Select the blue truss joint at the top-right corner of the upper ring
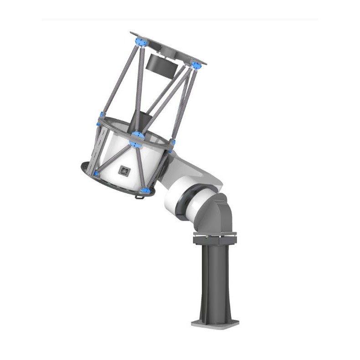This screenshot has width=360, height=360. click(x=196, y=65)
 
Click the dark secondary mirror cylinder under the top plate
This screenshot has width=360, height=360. click(x=160, y=64)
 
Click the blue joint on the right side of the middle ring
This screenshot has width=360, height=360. click(x=172, y=143)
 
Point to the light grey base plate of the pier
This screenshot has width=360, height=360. click(x=215, y=323)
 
